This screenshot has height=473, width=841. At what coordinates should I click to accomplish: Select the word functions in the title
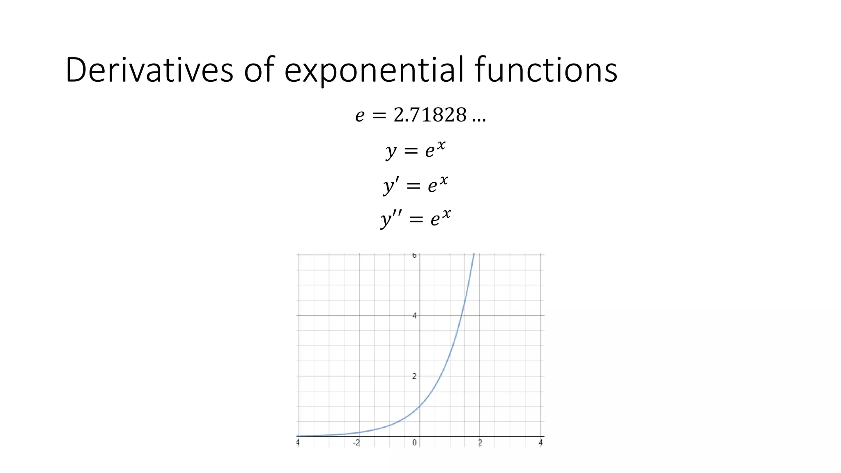pyautogui.click(x=546, y=70)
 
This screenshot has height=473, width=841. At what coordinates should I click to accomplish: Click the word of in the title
pyautogui.click(x=259, y=70)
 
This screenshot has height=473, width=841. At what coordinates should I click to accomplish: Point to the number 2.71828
pyautogui.click(x=430, y=115)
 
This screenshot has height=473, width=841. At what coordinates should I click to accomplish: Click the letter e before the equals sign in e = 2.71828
pyautogui.click(x=360, y=116)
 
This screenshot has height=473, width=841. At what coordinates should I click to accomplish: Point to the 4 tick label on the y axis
pyautogui.click(x=414, y=316)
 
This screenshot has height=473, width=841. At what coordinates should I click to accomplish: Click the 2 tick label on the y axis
pyautogui.click(x=414, y=376)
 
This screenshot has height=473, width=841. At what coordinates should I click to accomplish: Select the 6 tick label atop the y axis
pyautogui.click(x=414, y=256)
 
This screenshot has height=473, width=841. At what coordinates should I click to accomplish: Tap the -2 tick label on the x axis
pyautogui.click(x=356, y=443)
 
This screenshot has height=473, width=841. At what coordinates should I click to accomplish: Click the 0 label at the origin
pyautogui.click(x=414, y=443)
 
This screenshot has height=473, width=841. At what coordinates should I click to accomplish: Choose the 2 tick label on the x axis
pyautogui.click(x=480, y=443)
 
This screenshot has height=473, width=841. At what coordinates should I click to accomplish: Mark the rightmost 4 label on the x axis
pyautogui.click(x=540, y=443)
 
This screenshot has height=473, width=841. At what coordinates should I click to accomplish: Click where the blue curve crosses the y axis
pyautogui.click(x=420, y=406)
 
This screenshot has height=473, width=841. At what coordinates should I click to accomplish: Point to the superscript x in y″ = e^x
pyautogui.click(x=446, y=214)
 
